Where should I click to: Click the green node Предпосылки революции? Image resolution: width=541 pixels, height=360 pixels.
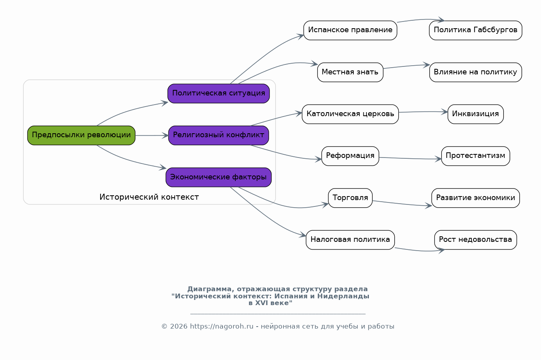(81, 135)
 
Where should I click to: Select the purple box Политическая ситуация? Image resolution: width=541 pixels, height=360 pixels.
(219, 93)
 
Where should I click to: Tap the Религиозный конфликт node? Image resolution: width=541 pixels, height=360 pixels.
(219, 135)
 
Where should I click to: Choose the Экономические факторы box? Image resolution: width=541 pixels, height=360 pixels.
(219, 177)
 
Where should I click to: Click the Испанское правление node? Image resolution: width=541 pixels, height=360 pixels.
(350, 31)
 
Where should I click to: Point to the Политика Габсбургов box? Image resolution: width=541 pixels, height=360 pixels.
(475, 31)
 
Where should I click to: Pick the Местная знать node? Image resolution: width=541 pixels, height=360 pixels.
(350, 72)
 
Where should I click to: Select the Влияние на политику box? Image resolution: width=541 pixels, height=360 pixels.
(475, 72)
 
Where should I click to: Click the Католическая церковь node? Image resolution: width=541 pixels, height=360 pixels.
(350, 114)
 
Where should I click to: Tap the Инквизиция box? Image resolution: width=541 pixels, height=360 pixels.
(475, 114)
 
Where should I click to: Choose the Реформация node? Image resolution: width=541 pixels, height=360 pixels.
(350, 156)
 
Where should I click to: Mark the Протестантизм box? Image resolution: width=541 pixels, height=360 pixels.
(475, 156)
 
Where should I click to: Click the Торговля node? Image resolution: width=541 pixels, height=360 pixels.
(350, 198)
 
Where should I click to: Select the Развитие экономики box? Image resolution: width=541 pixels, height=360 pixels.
(475, 198)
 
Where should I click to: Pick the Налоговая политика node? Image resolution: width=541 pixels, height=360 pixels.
(350, 240)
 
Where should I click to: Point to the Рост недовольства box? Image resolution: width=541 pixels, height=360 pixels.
(475, 240)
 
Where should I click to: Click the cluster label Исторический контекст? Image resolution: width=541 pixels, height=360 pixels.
(149, 197)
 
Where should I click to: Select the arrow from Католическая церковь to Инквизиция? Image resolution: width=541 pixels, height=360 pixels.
(423, 112)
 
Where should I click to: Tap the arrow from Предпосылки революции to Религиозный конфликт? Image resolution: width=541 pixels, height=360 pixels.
(152, 135)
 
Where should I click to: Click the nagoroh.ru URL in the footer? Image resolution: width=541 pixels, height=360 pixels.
(222, 327)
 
